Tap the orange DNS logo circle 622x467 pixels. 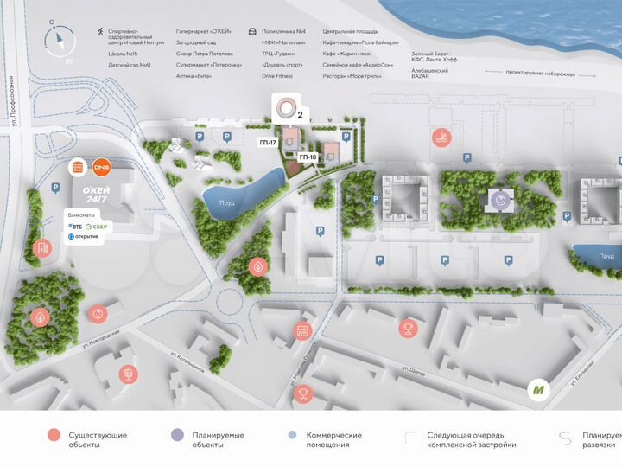coord(101,165)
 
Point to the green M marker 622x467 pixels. coord(540,390)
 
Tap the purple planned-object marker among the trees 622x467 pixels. coord(499,199)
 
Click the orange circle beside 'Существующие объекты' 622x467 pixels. coord(54,436)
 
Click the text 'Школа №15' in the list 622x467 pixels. coord(120,54)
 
